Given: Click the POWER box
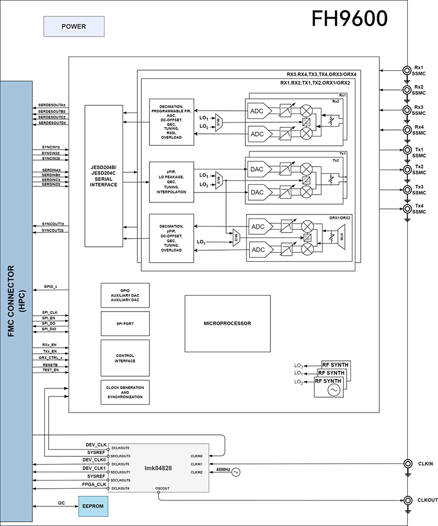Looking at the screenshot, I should [73, 26].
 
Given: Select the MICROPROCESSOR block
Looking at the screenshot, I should [227, 324].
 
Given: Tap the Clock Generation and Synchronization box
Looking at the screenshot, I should [124, 392].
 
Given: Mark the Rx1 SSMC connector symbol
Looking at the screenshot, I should [407, 70].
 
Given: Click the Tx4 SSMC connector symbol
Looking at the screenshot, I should [407, 209].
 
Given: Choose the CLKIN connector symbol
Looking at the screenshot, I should [407, 463].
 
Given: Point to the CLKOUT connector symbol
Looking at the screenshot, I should [407, 500].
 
